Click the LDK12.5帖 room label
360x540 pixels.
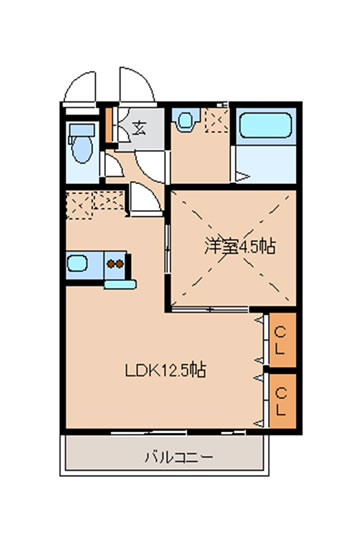coord(165,370)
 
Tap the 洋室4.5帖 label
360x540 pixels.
coord(240,246)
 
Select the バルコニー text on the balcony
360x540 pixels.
coord(179,457)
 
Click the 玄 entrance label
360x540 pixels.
coord(139,128)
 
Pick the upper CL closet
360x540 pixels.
coord(282,340)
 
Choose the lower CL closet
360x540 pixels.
coord(282,401)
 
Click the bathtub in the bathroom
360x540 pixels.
coord(265,125)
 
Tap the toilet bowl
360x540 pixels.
coord(82,150)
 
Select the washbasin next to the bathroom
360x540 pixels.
coord(186,120)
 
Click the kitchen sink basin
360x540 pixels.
coord(77,263)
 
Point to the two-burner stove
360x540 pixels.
coord(115,264)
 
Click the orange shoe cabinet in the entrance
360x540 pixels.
coord(109,125)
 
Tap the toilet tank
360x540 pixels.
coord(82,130)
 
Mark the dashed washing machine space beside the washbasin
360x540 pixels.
coord(217,120)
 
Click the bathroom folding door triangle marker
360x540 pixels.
coord(243,177)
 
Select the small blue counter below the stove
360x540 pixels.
coord(120,284)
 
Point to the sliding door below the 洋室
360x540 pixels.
coord(210,309)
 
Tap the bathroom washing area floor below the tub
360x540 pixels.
coord(266,164)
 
